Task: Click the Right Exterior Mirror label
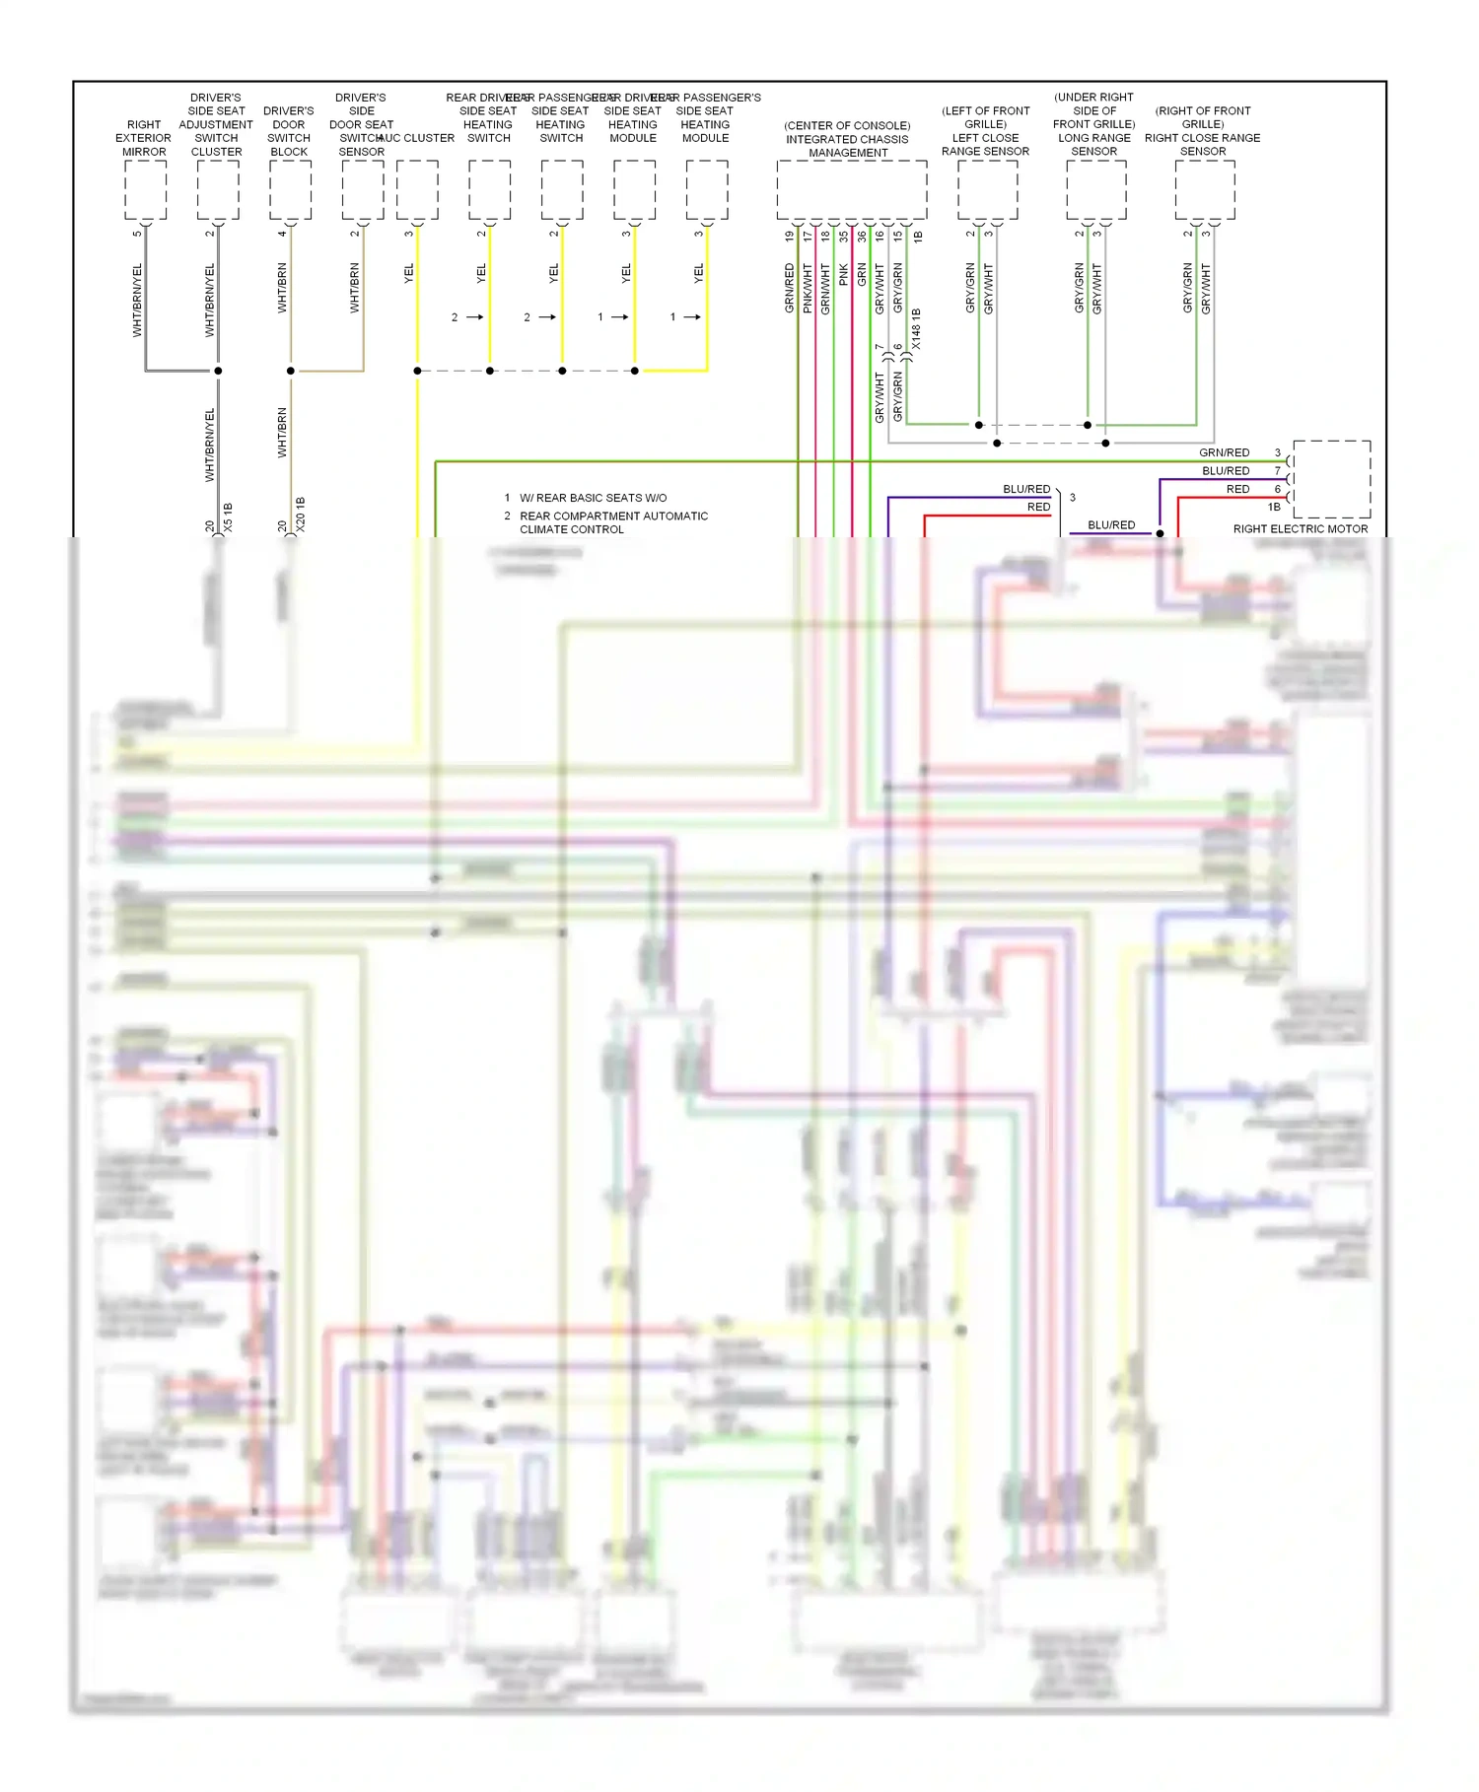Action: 144,138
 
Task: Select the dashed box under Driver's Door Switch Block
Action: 290,189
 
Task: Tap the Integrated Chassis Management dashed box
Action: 851,189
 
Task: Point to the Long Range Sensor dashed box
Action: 1095,189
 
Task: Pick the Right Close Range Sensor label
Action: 1203,145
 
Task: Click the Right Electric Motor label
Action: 1300,529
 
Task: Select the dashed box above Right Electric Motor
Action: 1331,479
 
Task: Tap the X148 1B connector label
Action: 916,329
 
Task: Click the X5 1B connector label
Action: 228,517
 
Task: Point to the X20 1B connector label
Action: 301,515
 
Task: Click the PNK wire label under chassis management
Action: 844,275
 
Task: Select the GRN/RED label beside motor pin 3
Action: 1224,453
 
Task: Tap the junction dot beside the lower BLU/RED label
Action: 1160,533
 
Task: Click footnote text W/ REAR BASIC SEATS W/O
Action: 593,498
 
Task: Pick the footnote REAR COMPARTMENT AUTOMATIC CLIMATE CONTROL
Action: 613,522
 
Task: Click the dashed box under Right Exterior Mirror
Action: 145,189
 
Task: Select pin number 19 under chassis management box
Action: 790,237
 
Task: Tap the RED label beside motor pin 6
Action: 1237,490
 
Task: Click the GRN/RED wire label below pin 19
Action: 790,288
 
